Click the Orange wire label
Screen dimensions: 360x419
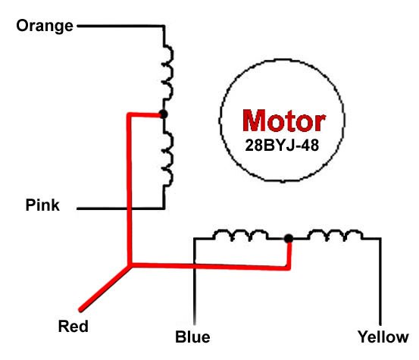[45, 26]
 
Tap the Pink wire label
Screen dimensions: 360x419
[42, 205]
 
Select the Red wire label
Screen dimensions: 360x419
[73, 327]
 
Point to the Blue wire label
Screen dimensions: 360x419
[192, 337]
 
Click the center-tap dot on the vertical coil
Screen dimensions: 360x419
[163, 114]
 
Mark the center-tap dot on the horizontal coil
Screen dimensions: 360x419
[288, 239]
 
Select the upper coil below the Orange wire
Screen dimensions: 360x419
[168, 76]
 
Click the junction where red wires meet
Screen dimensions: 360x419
[130, 265]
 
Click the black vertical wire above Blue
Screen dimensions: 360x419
[195, 280]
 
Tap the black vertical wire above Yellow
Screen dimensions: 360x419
[378, 280]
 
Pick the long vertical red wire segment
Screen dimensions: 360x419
[130, 189]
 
